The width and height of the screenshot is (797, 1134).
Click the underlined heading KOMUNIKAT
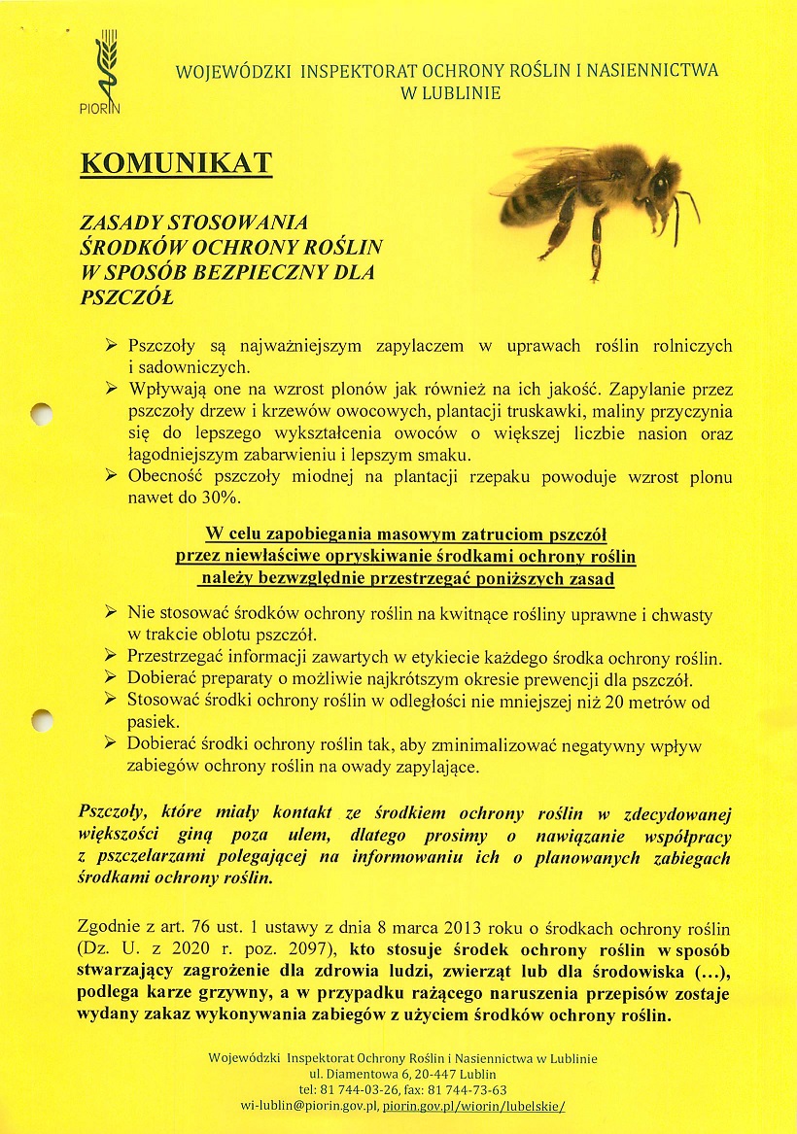click(176, 163)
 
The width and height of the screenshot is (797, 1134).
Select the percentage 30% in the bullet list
click(220, 498)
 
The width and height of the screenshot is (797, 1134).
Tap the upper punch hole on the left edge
click(40, 413)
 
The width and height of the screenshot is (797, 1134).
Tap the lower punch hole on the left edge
click(40, 720)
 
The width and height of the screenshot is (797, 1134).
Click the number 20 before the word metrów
click(614, 702)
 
